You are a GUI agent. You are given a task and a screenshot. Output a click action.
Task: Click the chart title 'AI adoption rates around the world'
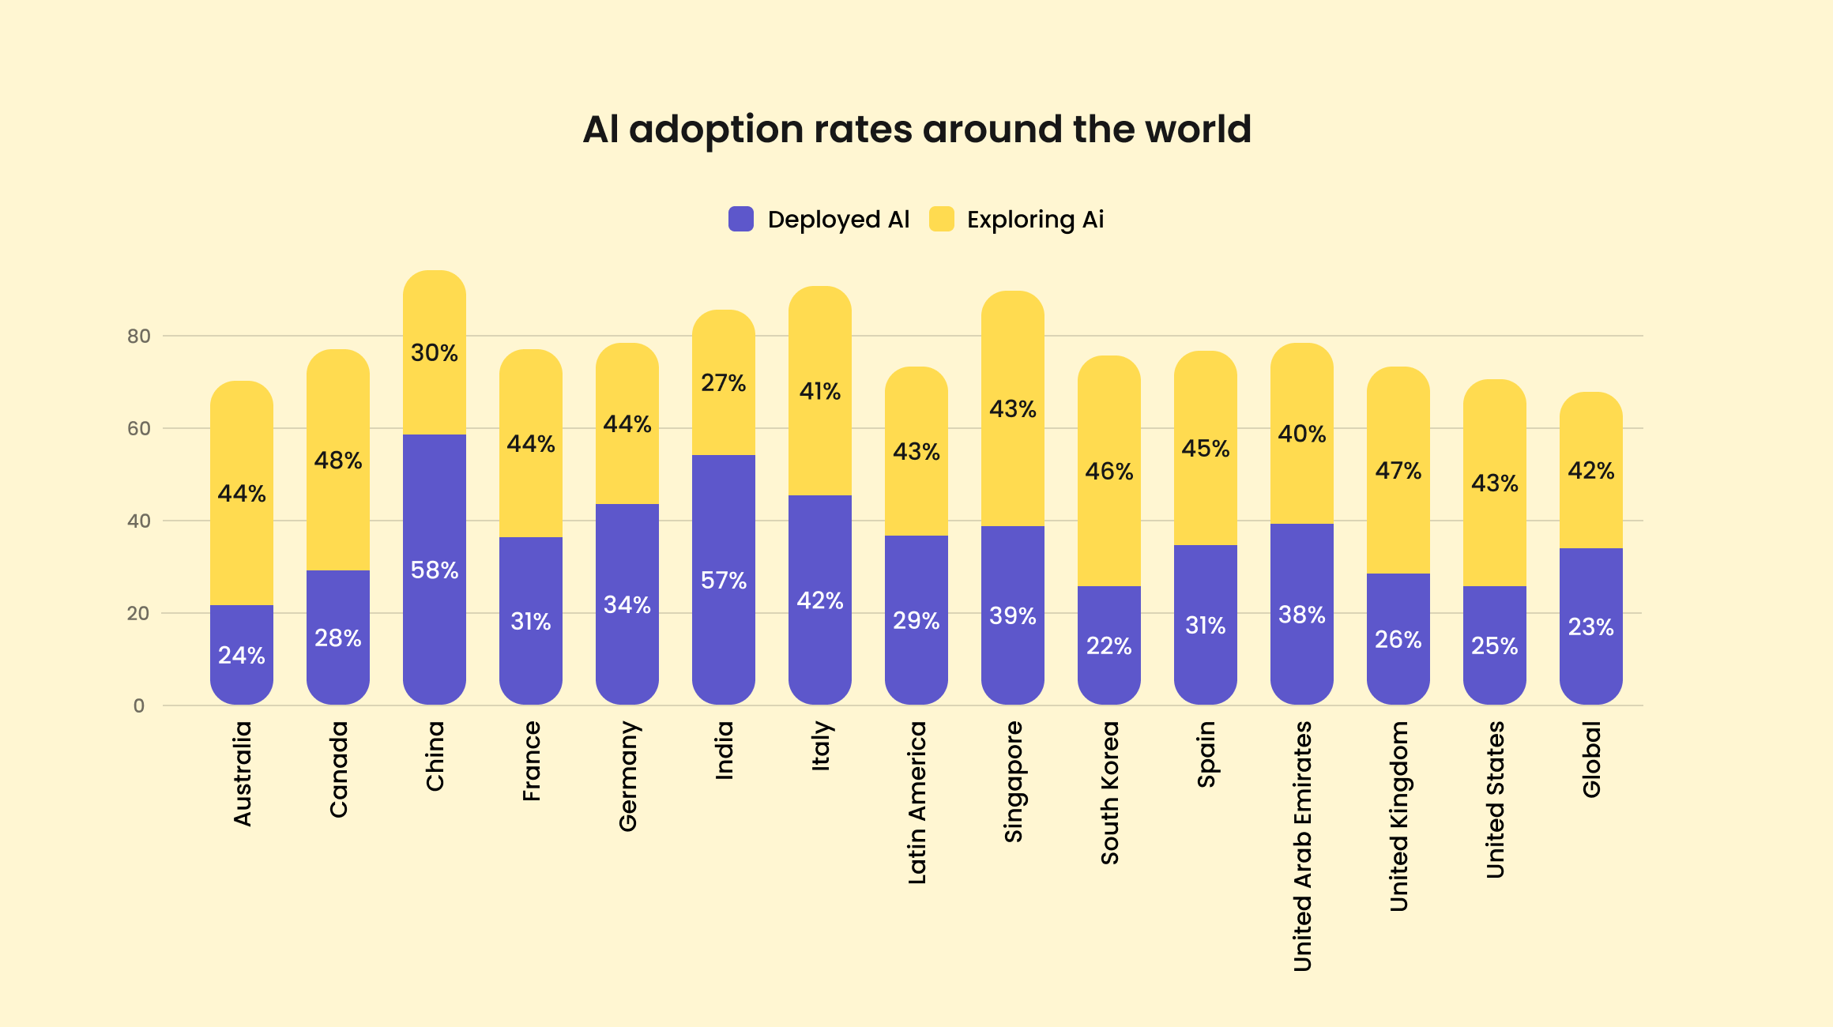(x=916, y=129)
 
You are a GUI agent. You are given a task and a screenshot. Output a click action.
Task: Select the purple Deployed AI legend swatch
(x=740, y=219)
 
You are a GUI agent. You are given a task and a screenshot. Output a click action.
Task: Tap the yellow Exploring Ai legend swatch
(x=941, y=219)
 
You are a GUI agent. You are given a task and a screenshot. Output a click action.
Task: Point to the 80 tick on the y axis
(x=138, y=337)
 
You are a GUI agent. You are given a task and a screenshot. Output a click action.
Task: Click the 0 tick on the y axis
(x=139, y=705)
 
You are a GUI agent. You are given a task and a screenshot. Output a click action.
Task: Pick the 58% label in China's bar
(x=434, y=570)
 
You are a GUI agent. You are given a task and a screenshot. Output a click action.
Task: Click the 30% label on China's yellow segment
(x=434, y=352)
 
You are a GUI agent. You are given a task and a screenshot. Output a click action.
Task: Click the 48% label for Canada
(x=337, y=461)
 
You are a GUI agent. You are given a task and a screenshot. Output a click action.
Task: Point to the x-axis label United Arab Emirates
(x=1302, y=845)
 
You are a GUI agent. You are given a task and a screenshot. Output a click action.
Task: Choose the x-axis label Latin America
(x=916, y=802)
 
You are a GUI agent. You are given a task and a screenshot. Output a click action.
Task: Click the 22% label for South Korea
(x=1108, y=646)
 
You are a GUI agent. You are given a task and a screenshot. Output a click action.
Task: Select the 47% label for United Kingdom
(x=1398, y=471)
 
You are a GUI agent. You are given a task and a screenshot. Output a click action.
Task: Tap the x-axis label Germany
(x=627, y=776)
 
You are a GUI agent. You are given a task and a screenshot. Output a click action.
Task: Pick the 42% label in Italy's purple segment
(x=819, y=601)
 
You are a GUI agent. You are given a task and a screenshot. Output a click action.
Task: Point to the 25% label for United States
(x=1494, y=646)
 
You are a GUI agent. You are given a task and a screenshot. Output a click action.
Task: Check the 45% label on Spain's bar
(x=1205, y=449)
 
